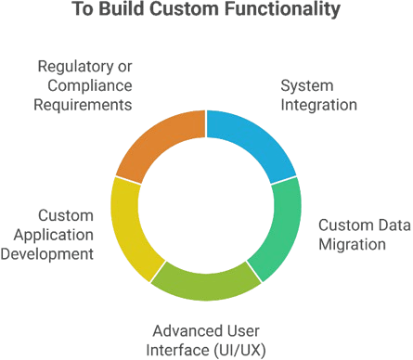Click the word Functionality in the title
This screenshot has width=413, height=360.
coord(288,10)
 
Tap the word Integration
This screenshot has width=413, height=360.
coord(319,105)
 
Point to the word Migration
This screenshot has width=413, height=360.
coord(352,244)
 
